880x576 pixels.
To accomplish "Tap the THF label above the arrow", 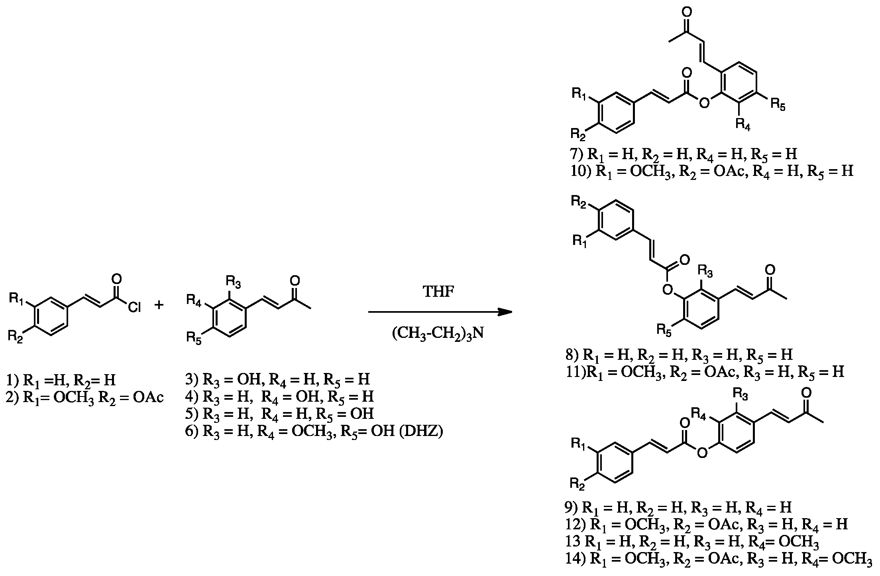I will (x=438, y=292).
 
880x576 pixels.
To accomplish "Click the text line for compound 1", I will (x=61, y=380).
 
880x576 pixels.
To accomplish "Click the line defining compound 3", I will (x=278, y=379).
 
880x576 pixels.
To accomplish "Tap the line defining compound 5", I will (x=279, y=414).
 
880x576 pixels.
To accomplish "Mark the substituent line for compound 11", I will (x=705, y=372).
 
